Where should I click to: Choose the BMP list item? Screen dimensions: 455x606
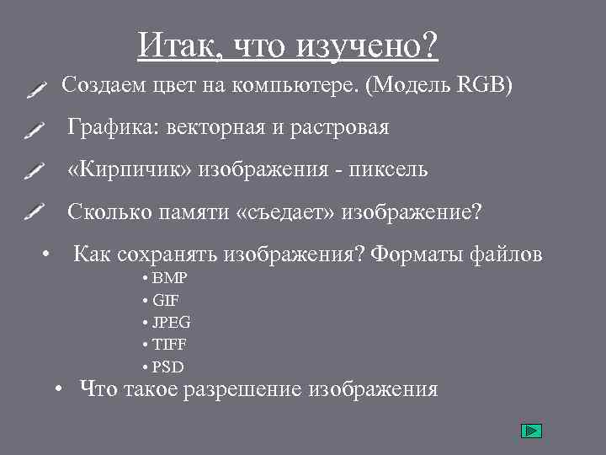point(170,279)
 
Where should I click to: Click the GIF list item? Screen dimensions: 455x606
point(166,300)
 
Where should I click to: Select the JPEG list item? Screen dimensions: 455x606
point(172,322)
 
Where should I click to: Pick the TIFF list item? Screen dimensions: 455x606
point(170,345)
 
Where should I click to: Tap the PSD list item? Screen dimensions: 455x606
point(168,367)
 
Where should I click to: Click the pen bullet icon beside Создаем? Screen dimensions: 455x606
point(35,88)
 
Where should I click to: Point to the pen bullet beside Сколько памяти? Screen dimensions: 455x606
point(35,211)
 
